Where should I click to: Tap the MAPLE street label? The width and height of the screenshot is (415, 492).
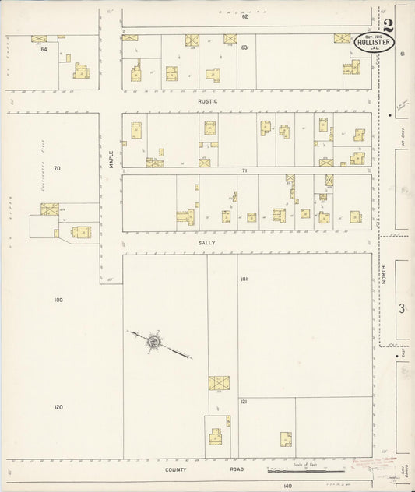point(111,158)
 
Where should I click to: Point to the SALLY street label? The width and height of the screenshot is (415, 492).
point(207,243)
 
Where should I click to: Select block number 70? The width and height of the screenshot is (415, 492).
point(56,168)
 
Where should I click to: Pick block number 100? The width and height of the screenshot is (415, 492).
point(57,300)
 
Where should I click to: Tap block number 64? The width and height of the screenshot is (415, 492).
point(44,50)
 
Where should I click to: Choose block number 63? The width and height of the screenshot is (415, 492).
point(244,48)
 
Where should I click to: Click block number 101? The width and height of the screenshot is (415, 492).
point(244,279)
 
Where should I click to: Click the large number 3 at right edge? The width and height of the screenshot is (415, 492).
point(402,309)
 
